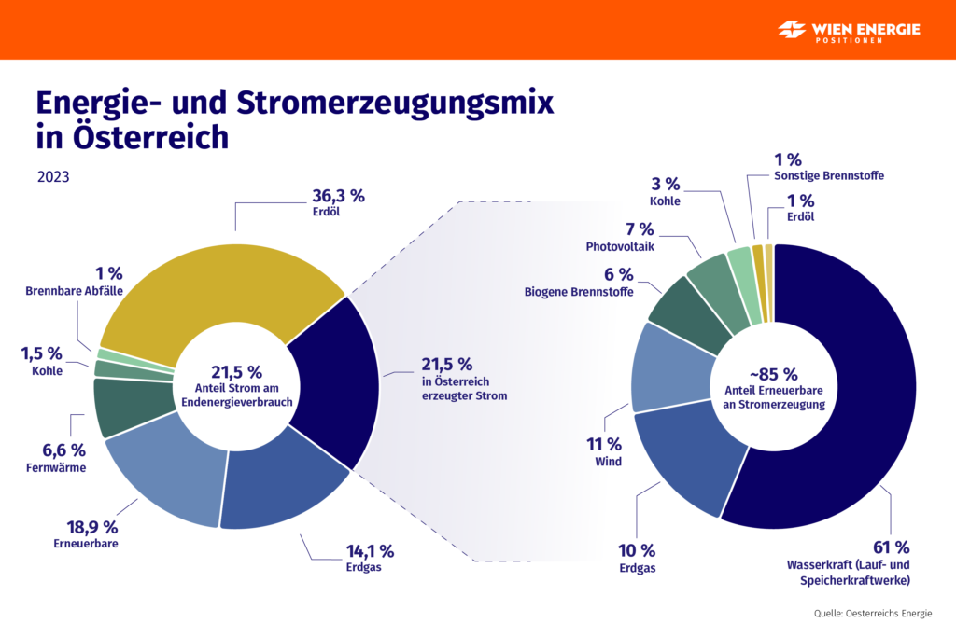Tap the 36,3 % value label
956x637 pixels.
(x=337, y=196)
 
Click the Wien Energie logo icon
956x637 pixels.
(x=793, y=30)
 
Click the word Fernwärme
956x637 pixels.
(x=56, y=467)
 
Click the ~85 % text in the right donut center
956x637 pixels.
(x=773, y=374)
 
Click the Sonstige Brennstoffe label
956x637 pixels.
(x=829, y=175)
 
